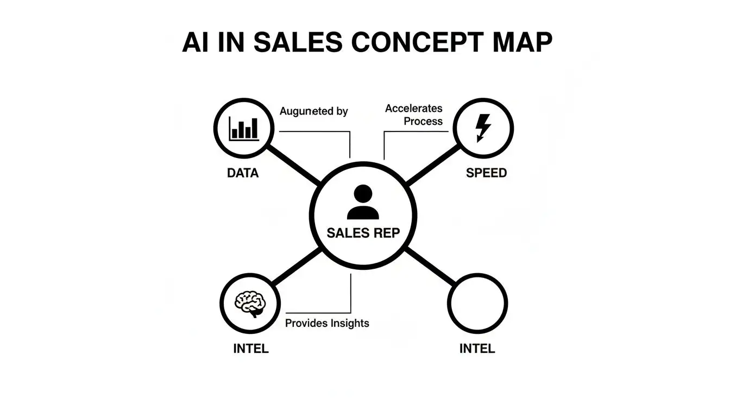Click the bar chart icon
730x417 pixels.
point(244,128)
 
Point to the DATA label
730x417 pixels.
point(243,173)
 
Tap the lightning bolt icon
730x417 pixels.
point(482,128)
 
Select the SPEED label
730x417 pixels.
point(486,173)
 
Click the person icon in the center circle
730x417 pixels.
point(363,202)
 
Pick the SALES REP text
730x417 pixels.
point(363,233)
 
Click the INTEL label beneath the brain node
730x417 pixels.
point(250,349)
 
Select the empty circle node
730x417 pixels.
point(477,302)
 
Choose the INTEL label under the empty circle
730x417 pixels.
point(477,349)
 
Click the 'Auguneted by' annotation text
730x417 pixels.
point(313,111)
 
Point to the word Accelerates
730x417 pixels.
point(414,109)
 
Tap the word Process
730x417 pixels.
point(423,121)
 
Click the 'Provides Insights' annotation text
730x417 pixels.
point(327,323)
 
